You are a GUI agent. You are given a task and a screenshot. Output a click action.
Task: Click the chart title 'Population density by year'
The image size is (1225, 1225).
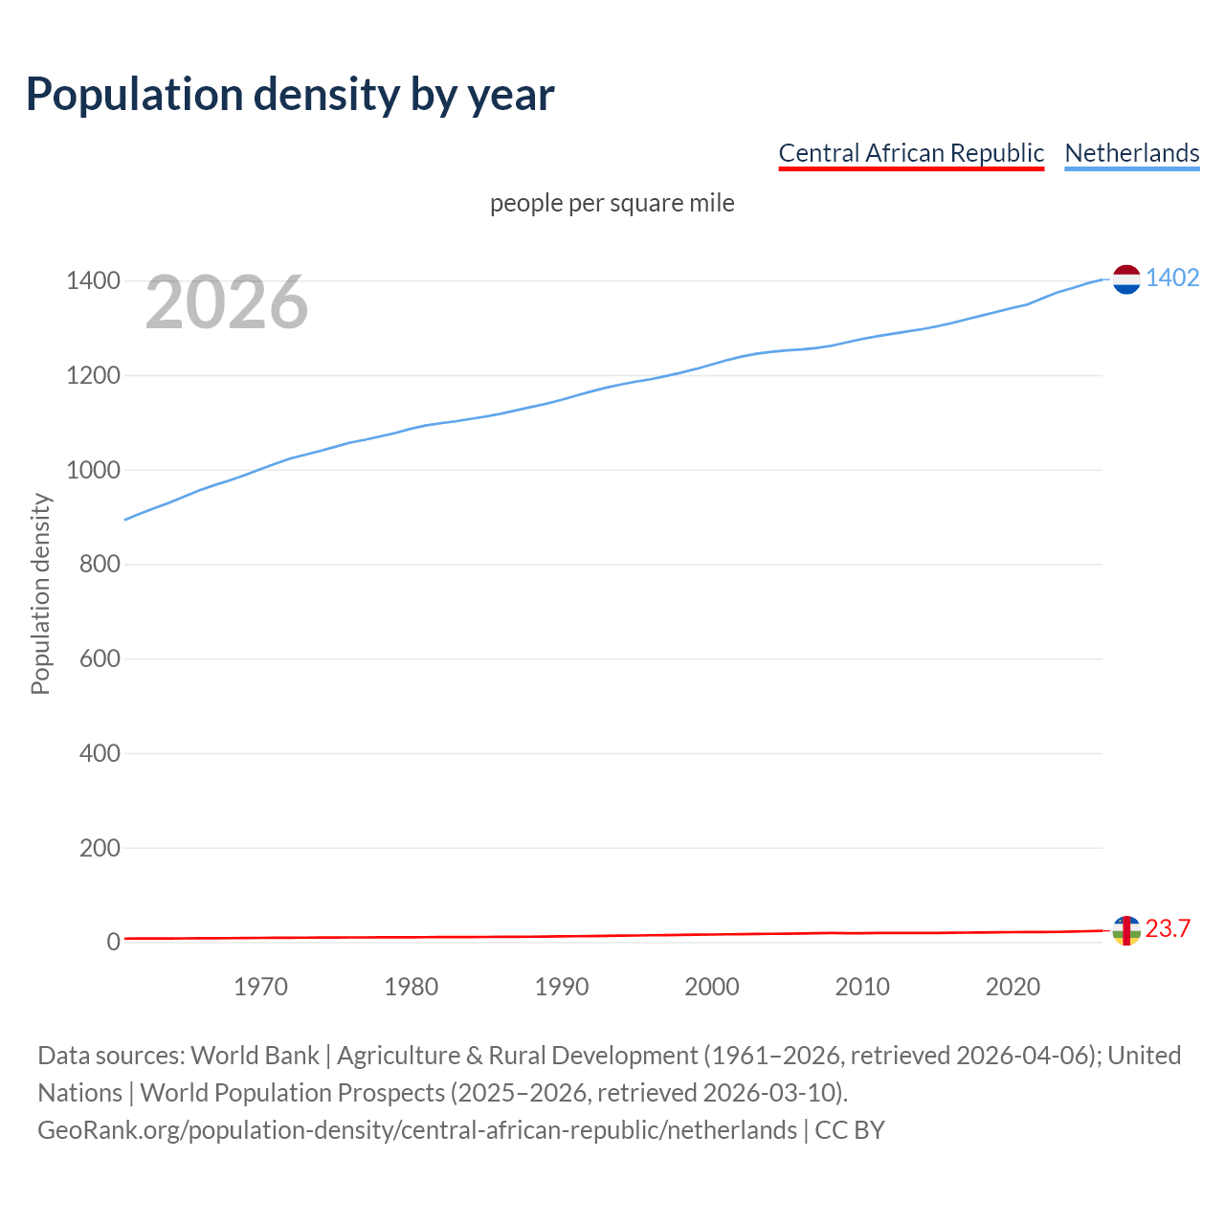[290, 95]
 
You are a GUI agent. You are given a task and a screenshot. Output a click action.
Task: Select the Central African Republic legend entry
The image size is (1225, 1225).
[910, 153]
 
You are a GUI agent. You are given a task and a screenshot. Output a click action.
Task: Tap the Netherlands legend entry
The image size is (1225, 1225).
[1131, 153]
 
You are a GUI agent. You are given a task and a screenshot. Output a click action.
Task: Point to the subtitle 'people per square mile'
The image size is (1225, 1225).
[612, 204]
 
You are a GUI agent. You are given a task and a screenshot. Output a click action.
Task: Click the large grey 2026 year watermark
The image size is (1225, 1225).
[227, 302]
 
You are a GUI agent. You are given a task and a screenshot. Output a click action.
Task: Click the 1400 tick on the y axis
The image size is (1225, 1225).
[93, 281]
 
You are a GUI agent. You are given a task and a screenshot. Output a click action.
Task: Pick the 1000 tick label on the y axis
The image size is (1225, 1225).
[93, 470]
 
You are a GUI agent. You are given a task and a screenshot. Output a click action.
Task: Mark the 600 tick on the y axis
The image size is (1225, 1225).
[100, 658]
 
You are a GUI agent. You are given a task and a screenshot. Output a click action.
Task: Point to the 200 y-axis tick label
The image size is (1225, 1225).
[100, 848]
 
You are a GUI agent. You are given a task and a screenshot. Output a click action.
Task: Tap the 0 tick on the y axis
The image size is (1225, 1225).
[114, 942]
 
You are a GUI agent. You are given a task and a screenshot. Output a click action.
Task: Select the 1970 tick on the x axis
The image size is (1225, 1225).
[260, 987]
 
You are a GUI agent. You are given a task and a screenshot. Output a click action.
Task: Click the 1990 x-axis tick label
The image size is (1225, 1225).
[562, 987]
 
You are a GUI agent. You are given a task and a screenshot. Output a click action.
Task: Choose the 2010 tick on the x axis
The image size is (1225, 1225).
[862, 987]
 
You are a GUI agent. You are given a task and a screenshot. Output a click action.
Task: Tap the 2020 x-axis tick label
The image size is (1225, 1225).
[1013, 987]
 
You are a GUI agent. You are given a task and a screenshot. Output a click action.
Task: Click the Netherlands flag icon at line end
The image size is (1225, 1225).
[1126, 279]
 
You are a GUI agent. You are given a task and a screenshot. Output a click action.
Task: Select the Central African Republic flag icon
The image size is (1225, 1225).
[1126, 930]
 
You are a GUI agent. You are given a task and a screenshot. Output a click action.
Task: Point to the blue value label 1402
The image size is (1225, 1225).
[1172, 278]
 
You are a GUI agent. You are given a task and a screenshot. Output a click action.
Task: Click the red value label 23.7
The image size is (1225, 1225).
[1168, 929]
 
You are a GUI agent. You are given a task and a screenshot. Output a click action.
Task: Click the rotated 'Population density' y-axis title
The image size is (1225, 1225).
[40, 593]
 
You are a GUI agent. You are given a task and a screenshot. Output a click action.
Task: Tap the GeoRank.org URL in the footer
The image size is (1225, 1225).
[417, 1130]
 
